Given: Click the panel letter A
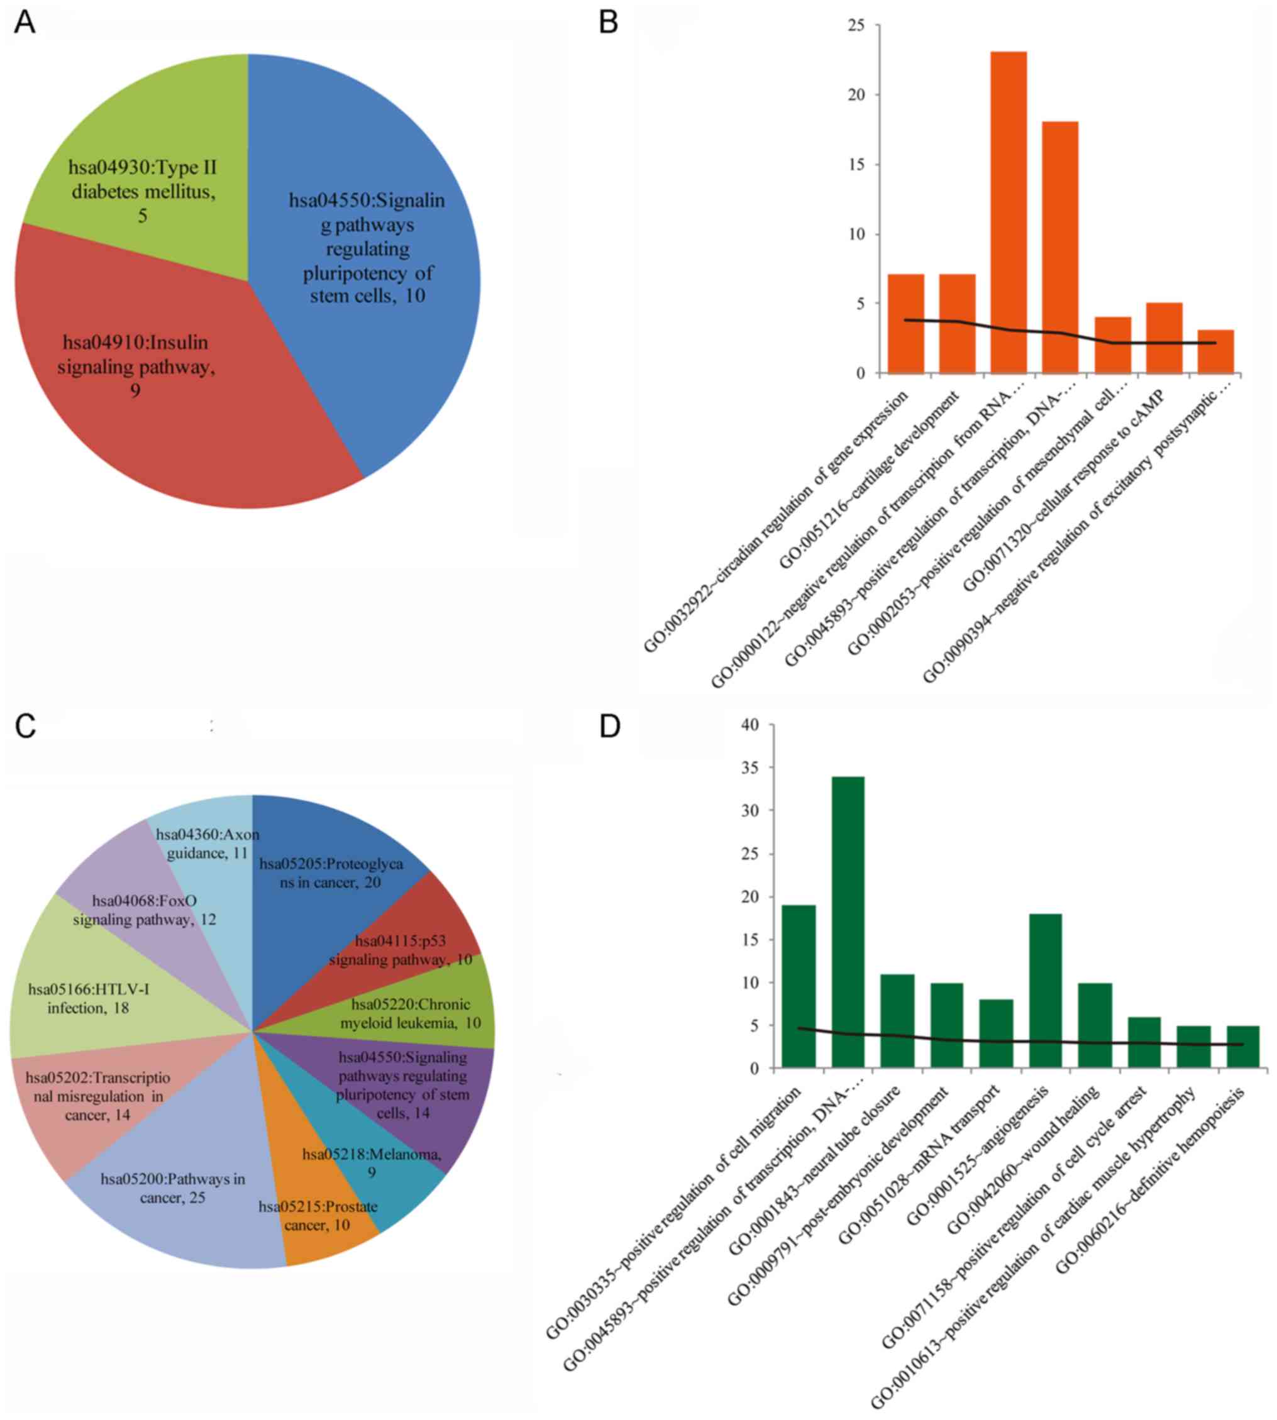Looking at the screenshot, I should (x=25, y=23).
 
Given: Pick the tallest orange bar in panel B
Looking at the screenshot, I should (x=1009, y=211).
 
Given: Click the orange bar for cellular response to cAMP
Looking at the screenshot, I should (x=1164, y=338).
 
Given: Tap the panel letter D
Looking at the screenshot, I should (x=610, y=726).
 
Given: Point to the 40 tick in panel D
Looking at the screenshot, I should (x=749, y=725).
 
